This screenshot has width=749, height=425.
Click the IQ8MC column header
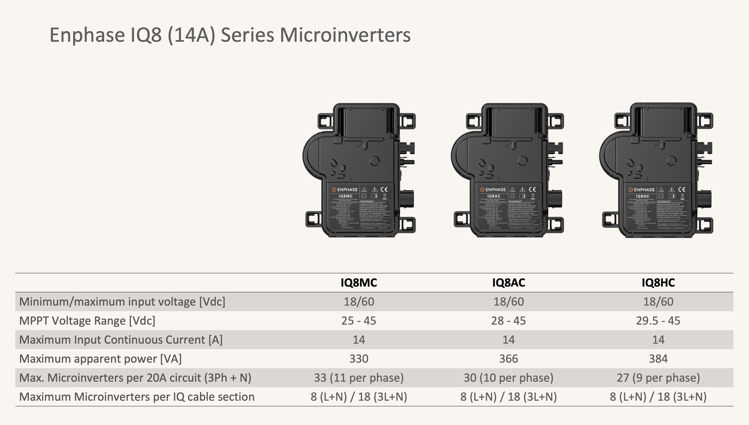pyautogui.click(x=359, y=283)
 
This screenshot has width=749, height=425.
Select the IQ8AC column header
pyautogui.click(x=508, y=283)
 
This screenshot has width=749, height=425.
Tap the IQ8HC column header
pyautogui.click(x=658, y=283)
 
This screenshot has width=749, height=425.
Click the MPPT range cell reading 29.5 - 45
pyautogui.click(x=658, y=320)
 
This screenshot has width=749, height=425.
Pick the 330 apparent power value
pyautogui.click(x=359, y=358)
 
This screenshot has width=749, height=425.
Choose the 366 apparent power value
pyautogui.click(x=508, y=358)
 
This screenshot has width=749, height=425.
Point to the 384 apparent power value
pyautogui.click(x=658, y=358)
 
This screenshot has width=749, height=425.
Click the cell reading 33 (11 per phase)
pyautogui.click(x=359, y=378)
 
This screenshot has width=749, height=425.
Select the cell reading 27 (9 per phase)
pyautogui.click(x=658, y=378)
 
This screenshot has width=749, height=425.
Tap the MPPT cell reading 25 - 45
pyautogui.click(x=359, y=320)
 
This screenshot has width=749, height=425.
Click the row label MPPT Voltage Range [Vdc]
pyautogui.click(x=87, y=320)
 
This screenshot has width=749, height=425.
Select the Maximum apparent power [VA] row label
pyautogui.click(x=100, y=358)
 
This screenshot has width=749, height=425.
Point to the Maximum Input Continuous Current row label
pyautogui.click(x=121, y=339)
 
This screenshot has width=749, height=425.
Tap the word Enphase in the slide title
pyautogui.click(x=87, y=35)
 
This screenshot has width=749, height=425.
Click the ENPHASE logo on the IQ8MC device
pyautogui.click(x=345, y=190)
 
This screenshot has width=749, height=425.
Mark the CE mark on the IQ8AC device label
pyautogui.click(x=532, y=189)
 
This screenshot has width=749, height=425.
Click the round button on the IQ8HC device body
pyautogui.click(x=672, y=160)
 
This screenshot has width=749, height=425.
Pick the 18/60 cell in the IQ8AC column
pyautogui.click(x=508, y=302)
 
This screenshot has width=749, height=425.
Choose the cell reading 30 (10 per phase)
pyautogui.click(x=508, y=378)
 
